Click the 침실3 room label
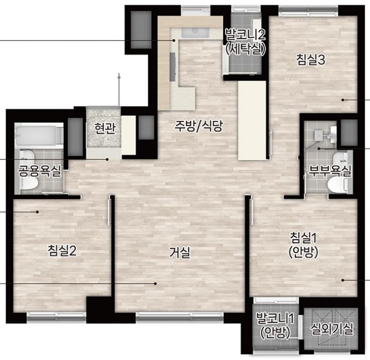click(x=311, y=59)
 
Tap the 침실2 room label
click(x=62, y=250)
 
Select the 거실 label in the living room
click(x=180, y=253)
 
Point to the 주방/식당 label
click(x=199, y=125)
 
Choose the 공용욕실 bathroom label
click(x=40, y=171)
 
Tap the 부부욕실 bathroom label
click(x=330, y=171)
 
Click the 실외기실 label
click(x=332, y=329)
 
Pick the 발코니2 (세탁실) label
click(x=246, y=42)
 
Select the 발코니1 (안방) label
click(x=275, y=326)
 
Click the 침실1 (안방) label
click(x=303, y=245)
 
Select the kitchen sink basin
click(x=195, y=32)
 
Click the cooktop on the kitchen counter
click(x=173, y=67)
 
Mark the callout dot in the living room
click(x=155, y=283)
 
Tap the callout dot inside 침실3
click(x=343, y=100)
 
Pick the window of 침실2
click(x=57, y=316)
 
